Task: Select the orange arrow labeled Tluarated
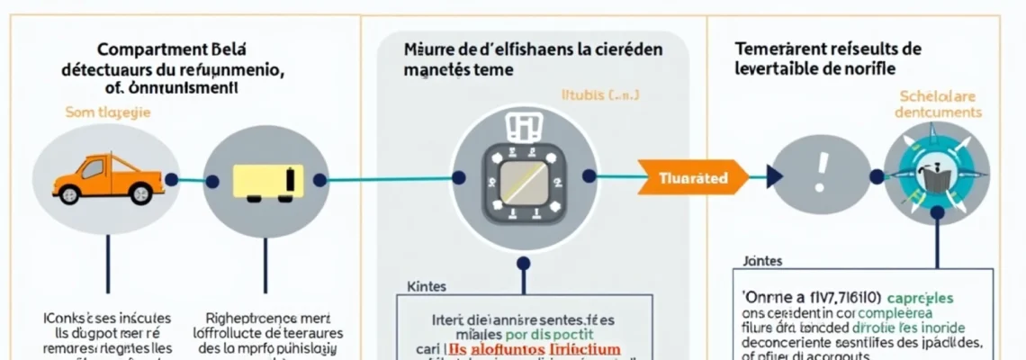(x=692, y=177)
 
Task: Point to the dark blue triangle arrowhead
(x=775, y=176)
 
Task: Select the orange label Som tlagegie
(x=108, y=113)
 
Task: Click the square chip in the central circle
(x=523, y=180)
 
